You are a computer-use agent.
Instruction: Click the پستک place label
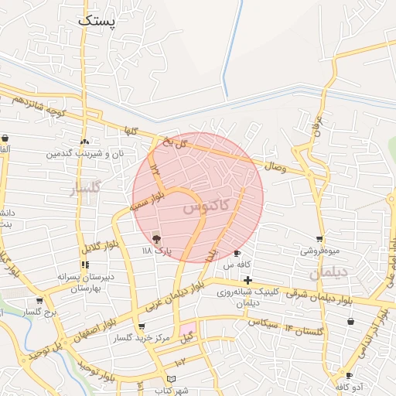tap(96, 20)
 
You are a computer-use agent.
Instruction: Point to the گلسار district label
tap(85, 189)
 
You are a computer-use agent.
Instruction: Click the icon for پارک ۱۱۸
tap(157, 238)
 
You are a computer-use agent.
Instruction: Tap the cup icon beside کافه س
tap(237, 253)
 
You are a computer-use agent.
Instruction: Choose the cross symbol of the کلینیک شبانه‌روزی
tap(247, 280)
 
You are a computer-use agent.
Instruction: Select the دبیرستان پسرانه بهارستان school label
tap(85, 282)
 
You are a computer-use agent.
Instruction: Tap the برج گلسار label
tap(41, 312)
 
